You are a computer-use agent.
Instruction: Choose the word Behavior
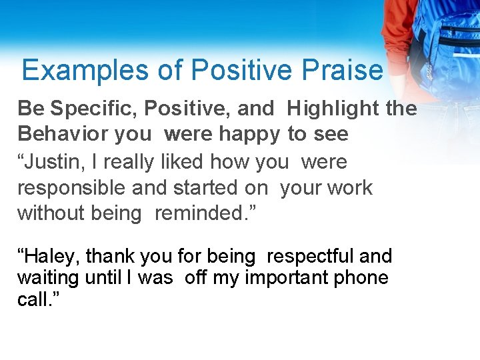click(x=63, y=134)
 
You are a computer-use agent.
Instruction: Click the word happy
click(x=249, y=135)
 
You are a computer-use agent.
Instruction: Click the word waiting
click(x=49, y=277)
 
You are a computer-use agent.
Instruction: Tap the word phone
click(x=364, y=278)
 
